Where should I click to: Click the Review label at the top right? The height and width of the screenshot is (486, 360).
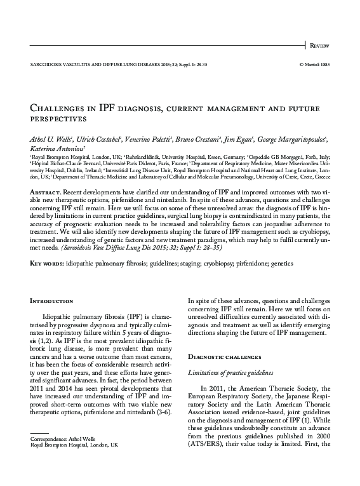pos(320,46)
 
